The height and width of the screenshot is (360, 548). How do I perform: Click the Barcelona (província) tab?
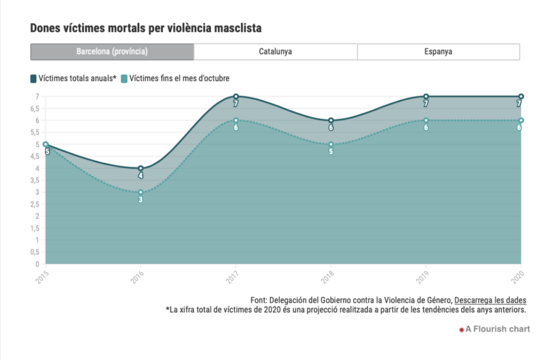pos(112,52)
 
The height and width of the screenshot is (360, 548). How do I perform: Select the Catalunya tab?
pos(276,52)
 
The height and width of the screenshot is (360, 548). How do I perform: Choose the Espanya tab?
pos(438,52)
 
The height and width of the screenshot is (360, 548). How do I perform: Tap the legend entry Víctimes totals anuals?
pos(73,79)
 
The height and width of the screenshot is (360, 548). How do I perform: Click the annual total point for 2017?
pos(235,96)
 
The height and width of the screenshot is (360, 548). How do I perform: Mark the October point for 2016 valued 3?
pos(141,192)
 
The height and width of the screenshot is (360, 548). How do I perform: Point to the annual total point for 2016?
pos(141,168)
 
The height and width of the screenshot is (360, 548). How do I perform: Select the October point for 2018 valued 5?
pos(331,144)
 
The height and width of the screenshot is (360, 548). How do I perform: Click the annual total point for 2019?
pos(426,96)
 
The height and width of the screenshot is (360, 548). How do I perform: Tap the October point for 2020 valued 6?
pos(521,120)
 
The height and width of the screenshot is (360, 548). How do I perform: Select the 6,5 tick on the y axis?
pos(35,109)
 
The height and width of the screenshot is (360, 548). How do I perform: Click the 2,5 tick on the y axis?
pos(35,204)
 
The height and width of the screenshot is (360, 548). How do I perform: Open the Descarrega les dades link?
pos(490,300)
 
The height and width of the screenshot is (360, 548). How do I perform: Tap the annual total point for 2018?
pos(331,120)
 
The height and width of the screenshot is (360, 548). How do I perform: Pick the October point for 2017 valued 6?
pos(235,120)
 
